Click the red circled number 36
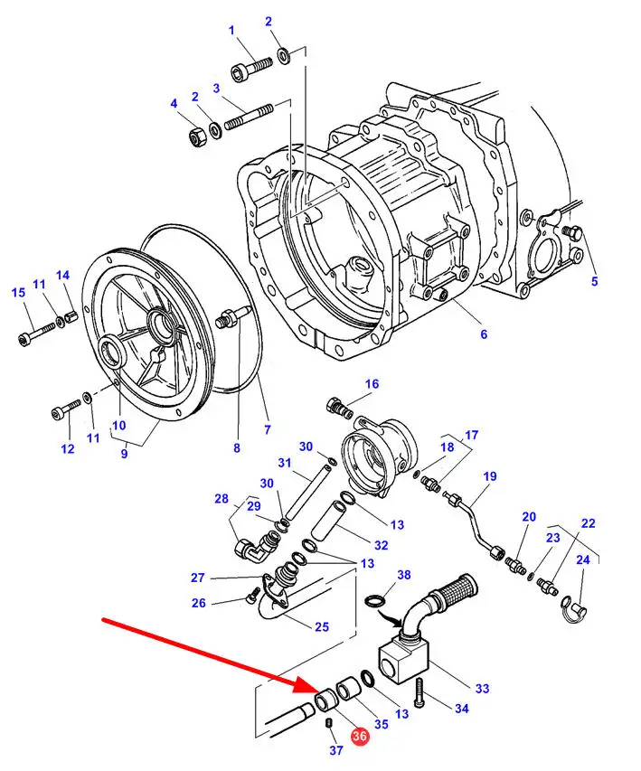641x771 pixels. pyautogui.click(x=359, y=736)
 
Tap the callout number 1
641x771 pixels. pyautogui.click(x=231, y=31)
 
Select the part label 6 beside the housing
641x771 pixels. pyautogui.click(x=484, y=334)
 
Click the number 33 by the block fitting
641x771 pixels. pyautogui.click(x=482, y=689)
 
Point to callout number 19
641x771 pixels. pyautogui.click(x=490, y=476)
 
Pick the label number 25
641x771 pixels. pyautogui.click(x=322, y=627)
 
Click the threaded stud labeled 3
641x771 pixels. pyautogui.click(x=249, y=117)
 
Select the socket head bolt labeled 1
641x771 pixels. pyautogui.click(x=251, y=69)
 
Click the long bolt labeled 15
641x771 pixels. pyautogui.click(x=37, y=333)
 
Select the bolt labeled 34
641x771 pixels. pyautogui.click(x=419, y=694)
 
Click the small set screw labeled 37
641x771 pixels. pyautogui.click(x=329, y=722)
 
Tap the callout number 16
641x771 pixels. pyautogui.click(x=372, y=384)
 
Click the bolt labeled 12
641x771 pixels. pyautogui.click(x=65, y=409)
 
